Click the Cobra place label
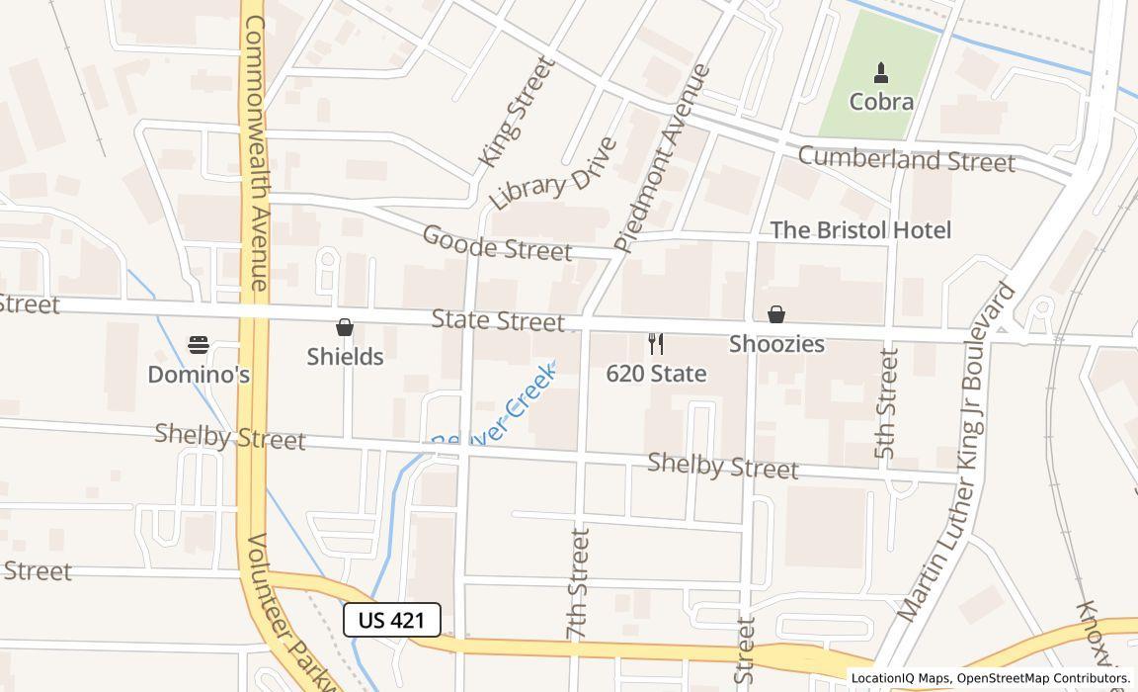click(x=881, y=102)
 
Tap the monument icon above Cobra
click(x=881, y=73)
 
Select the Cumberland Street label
click(x=906, y=159)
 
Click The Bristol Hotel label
click(x=859, y=230)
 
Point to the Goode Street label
click(x=496, y=243)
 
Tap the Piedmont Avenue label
click(x=662, y=158)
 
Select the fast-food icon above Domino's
click(x=199, y=345)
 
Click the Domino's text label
click(x=199, y=375)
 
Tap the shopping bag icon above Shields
click(x=345, y=327)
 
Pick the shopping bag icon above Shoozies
click(x=776, y=314)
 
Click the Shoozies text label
click(x=776, y=344)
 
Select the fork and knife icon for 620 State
click(x=655, y=344)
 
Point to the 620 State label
click(x=656, y=374)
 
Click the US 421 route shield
click(x=391, y=620)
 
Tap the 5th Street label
click(x=887, y=403)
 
